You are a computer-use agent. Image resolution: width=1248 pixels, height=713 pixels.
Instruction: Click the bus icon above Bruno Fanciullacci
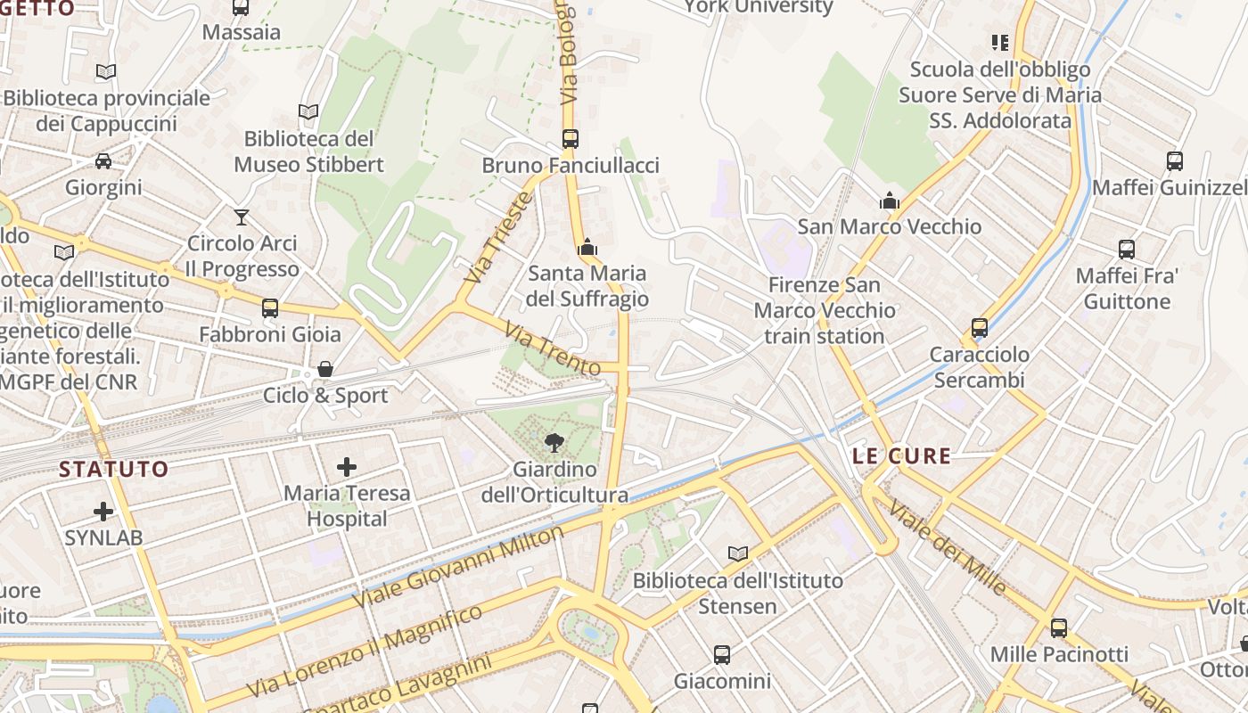pyautogui.click(x=571, y=139)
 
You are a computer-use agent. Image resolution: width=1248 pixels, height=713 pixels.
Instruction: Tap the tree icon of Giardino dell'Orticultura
pyautogui.click(x=554, y=442)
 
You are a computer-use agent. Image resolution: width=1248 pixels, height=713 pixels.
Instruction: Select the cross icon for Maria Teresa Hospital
pyautogui.click(x=347, y=466)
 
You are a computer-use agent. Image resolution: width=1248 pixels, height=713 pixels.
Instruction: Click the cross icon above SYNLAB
pyautogui.click(x=103, y=512)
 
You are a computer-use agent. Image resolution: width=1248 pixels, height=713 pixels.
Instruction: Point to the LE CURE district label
pyautogui.click(x=901, y=456)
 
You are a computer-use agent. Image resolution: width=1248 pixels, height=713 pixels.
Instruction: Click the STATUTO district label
pyautogui.click(x=113, y=469)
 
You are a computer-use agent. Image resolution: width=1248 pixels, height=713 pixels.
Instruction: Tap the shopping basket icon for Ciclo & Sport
pyautogui.click(x=325, y=369)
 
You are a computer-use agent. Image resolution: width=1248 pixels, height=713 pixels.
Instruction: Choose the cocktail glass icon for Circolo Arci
pyautogui.click(x=242, y=217)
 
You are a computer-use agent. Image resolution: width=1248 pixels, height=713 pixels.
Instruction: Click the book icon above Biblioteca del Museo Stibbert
pyautogui.click(x=308, y=112)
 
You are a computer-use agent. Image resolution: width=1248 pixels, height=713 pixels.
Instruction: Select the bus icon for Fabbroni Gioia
pyautogui.click(x=270, y=308)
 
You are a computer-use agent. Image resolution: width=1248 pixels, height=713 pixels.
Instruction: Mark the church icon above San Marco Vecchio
pyautogui.click(x=890, y=201)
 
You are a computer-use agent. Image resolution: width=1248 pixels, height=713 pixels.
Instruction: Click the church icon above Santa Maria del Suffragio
pyautogui.click(x=587, y=247)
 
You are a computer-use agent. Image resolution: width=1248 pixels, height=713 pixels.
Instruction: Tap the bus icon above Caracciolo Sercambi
pyautogui.click(x=980, y=328)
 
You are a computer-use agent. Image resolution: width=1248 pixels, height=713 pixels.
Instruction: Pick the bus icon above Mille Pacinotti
pyautogui.click(x=1059, y=628)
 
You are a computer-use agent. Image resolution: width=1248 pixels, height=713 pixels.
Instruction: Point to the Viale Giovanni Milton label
pyautogui.click(x=459, y=567)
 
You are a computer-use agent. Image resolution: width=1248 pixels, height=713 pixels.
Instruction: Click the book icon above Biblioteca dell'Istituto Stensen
pyautogui.click(x=738, y=554)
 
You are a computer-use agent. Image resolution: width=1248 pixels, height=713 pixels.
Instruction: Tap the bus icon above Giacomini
pyautogui.click(x=722, y=655)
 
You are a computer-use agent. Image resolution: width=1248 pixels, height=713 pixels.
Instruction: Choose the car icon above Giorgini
pyautogui.click(x=103, y=161)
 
